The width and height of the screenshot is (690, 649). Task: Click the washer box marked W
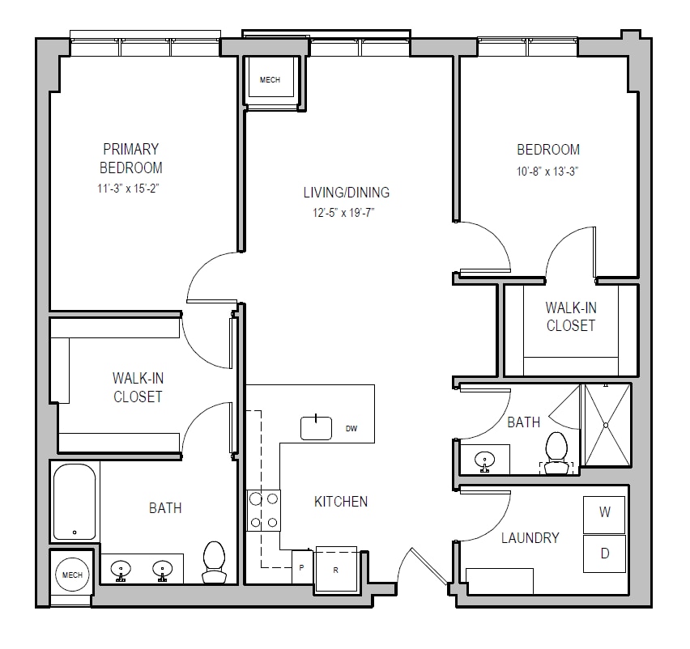604,515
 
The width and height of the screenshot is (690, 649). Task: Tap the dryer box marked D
604,554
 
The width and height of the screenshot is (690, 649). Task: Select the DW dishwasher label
351,429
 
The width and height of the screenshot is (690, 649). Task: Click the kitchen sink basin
316,428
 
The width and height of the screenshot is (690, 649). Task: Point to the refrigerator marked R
336,569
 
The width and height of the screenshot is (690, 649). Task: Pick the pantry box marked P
302,567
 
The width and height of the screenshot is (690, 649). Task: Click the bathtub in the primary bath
75,502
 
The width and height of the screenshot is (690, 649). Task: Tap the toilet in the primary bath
214,562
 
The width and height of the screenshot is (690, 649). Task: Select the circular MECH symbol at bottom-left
72,575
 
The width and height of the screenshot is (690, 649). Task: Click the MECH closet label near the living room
270,80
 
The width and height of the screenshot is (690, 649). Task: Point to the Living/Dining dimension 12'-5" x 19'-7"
343,214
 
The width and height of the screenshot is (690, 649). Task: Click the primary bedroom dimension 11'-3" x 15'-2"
128,189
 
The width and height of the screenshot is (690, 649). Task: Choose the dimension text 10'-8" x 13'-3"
547,171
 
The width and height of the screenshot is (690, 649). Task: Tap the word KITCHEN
341,502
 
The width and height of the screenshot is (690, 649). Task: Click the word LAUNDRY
530,538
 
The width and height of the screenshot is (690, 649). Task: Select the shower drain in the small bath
606,425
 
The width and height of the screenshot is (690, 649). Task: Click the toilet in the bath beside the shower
556,453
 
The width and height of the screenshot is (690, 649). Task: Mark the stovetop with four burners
263,511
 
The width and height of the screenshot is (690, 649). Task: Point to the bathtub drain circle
75,532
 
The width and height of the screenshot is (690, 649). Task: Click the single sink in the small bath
484,460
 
